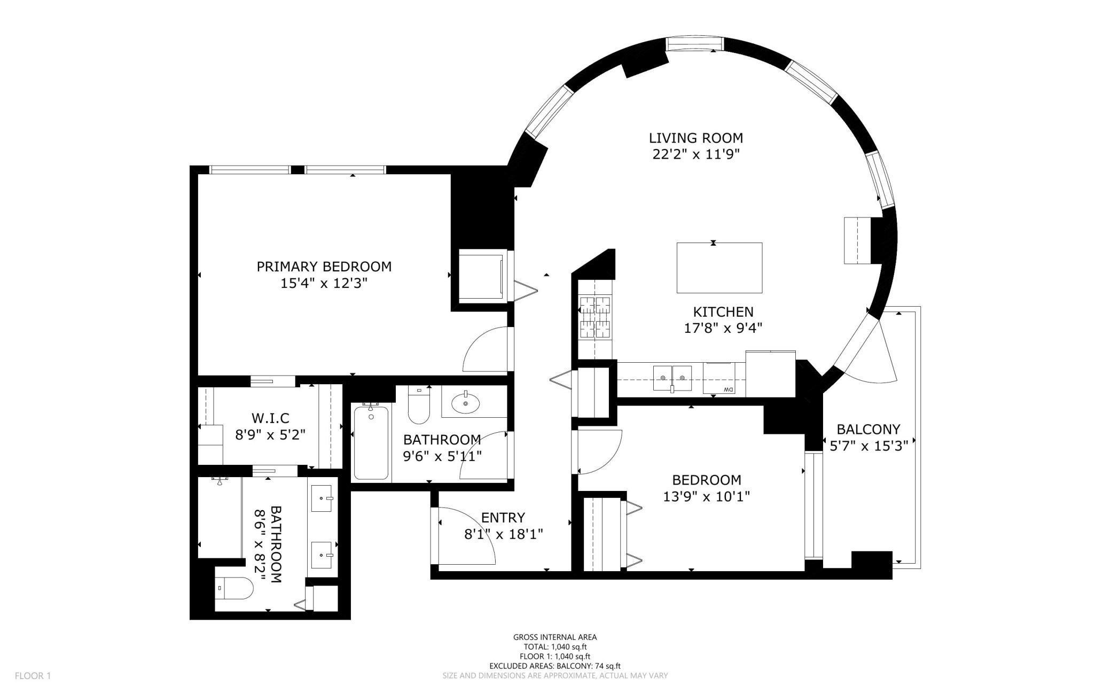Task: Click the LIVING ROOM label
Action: [695, 138]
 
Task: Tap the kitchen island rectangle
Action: [719, 268]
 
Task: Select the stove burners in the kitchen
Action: [594, 318]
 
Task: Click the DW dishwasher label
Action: [728, 389]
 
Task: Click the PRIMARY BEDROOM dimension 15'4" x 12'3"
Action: [324, 283]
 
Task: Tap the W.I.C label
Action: [270, 418]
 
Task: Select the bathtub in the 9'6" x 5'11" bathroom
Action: [371, 443]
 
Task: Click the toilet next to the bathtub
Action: [419, 407]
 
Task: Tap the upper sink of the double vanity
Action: [323, 498]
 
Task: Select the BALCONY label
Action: [868, 429]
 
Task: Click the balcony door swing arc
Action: [876, 363]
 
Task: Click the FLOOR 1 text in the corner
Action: [33, 676]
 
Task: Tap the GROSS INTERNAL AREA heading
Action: [555, 637]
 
